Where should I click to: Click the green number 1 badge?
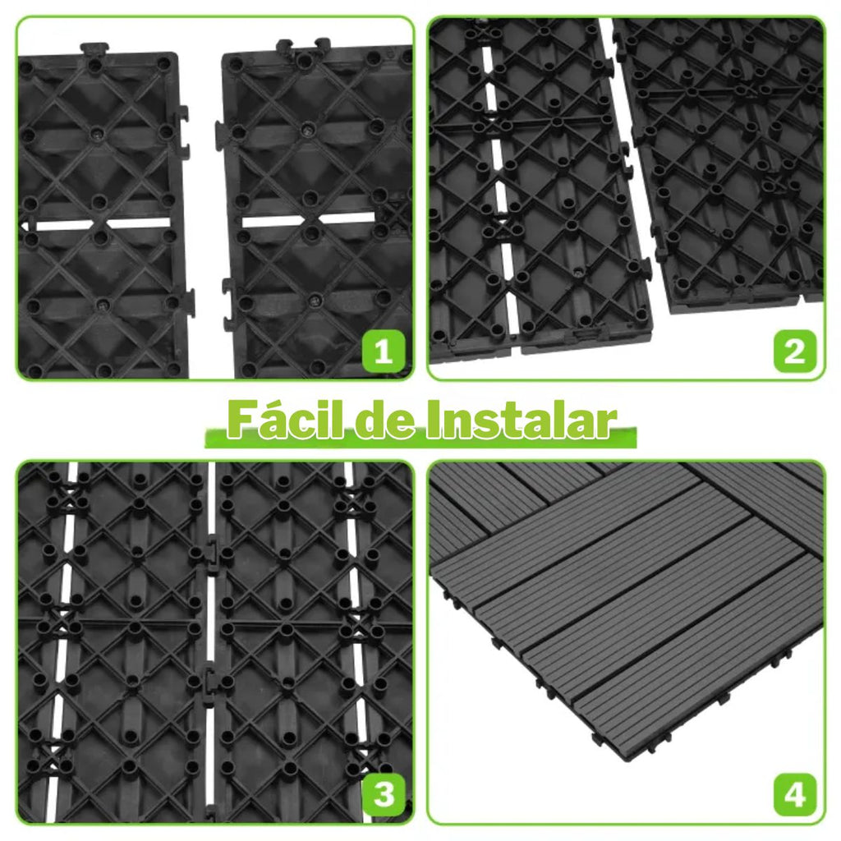click(x=383, y=352)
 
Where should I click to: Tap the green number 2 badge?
click(x=795, y=352)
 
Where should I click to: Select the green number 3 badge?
click(x=383, y=794)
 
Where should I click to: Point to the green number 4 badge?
click(x=795, y=794)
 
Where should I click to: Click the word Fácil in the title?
click(x=285, y=420)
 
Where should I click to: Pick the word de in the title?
click(x=384, y=421)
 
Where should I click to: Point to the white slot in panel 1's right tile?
click(x=308, y=220)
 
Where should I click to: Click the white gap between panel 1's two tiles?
click(x=204, y=214)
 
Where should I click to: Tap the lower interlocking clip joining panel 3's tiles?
click(x=209, y=681)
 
